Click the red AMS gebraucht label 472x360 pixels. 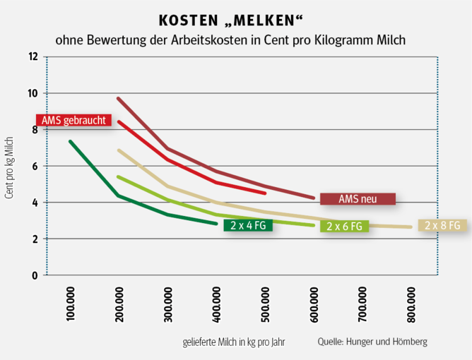[x=74, y=120]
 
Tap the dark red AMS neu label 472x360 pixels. [x=358, y=199]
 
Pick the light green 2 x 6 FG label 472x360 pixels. [x=345, y=227]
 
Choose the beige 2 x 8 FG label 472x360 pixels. [x=442, y=226]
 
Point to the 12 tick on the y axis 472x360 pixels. [x=33, y=56]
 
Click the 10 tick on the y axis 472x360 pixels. [x=33, y=93]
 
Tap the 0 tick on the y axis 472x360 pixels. [x=35, y=275]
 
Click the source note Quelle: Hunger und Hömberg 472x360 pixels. [x=372, y=342]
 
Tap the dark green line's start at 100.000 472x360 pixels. [x=70, y=141]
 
